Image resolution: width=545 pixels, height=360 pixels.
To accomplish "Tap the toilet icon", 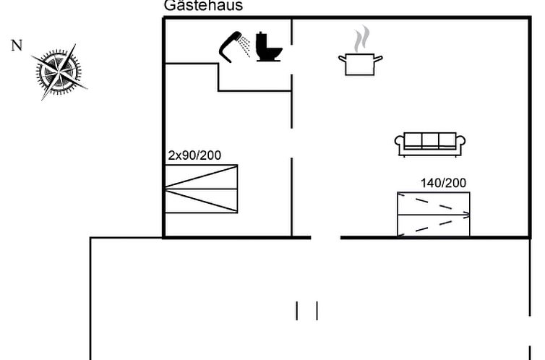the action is click(268, 47).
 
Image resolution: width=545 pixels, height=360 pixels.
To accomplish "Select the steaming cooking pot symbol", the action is click(360, 62).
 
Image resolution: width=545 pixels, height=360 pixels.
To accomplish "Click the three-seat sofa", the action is click(430, 144).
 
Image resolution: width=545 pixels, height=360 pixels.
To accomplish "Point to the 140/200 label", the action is click(443, 183).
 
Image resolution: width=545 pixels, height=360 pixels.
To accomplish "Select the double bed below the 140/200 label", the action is click(434, 214).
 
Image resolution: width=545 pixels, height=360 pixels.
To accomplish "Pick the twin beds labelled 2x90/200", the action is click(201, 189).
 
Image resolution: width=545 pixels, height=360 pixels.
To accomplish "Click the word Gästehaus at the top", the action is click(203, 7).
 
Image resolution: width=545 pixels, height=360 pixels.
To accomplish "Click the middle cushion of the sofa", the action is click(430, 140).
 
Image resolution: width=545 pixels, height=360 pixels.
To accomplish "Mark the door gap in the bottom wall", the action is click(325, 237).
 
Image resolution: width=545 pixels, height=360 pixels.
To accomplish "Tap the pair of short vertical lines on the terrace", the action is click(306, 310).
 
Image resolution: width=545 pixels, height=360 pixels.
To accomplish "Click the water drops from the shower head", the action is click(246, 45).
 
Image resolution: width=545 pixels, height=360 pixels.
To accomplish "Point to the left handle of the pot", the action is click(342, 58).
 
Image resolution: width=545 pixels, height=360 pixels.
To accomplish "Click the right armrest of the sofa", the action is click(461, 143).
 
